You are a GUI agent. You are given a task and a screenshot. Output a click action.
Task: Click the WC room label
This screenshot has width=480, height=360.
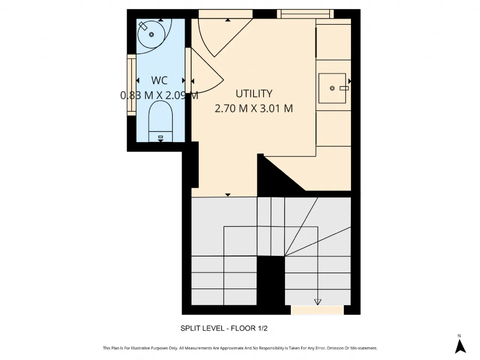pyautogui.click(x=159, y=80)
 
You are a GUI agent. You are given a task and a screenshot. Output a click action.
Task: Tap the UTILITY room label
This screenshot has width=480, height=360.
pyautogui.click(x=254, y=94)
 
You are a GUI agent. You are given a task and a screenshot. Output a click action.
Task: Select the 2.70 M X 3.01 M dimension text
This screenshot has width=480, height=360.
pyautogui.click(x=253, y=108)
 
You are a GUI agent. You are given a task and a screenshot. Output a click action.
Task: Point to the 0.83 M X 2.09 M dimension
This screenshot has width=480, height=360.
pyautogui.click(x=159, y=96)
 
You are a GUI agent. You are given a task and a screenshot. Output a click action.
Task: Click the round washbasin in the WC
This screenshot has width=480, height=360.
pyautogui.click(x=151, y=34)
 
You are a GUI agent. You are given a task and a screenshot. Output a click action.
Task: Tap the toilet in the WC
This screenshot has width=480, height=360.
pyautogui.click(x=160, y=121)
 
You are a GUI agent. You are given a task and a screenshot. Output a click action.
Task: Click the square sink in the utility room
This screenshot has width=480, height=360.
pyautogui.click(x=332, y=88)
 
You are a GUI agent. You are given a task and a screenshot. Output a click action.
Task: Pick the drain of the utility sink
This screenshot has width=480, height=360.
pyautogui.click(x=332, y=88)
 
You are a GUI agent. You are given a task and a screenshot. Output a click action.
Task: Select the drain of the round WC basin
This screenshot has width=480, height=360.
pyautogui.click(x=151, y=34)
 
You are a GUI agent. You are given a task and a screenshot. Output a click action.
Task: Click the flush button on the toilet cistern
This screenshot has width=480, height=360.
pyautogui.click(x=160, y=137)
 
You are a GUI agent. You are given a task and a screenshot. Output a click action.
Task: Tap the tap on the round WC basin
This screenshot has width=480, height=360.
pyautogui.click(x=143, y=26)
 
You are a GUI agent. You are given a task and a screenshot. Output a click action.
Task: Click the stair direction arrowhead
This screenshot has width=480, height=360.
pyautogui.click(x=318, y=302)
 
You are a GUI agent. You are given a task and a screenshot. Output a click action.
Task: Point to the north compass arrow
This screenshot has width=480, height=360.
pyautogui.click(x=460, y=346)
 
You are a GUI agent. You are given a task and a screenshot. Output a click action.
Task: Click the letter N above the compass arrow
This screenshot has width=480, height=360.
pyautogui.click(x=459, y=336)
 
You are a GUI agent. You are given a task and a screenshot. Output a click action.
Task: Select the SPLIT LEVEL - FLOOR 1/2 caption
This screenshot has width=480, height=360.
pyautogui.click(x=224, y=328)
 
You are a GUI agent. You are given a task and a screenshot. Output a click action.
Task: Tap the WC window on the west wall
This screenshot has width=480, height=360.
pyautogui.click(x=132, y=85)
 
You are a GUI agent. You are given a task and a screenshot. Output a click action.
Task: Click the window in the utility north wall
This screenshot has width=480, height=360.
pyautogui.click(x=305, y=14)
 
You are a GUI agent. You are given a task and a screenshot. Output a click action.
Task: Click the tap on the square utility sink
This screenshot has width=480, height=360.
pyautogui.click(x=344, y=88)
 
